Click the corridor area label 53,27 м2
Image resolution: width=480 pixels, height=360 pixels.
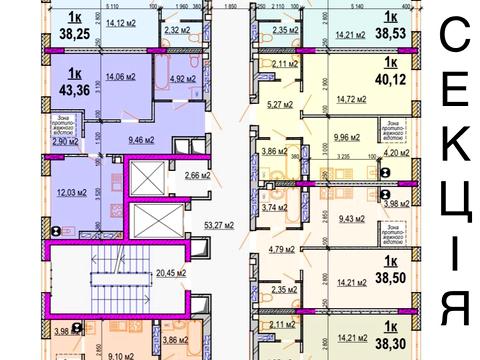(x=216, y=225)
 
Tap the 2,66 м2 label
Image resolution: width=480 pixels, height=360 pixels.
(x=196, y=175)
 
